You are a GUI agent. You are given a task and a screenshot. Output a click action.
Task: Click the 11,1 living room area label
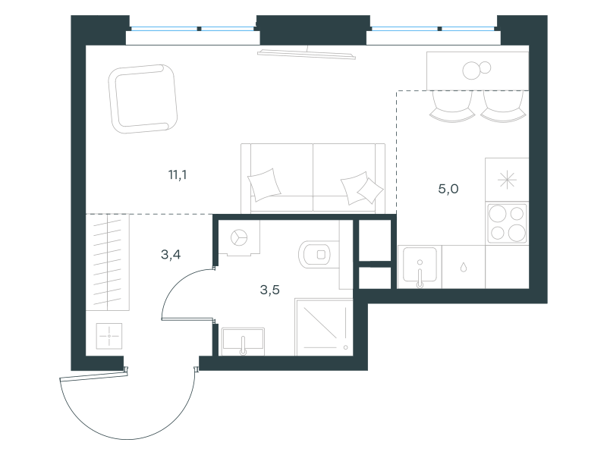coord(178,175)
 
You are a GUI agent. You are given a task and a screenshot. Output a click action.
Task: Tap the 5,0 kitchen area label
coord(448,189)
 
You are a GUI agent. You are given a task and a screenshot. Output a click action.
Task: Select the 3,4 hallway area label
coord(171,255)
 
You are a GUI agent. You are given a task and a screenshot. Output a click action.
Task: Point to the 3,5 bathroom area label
coord(270,290)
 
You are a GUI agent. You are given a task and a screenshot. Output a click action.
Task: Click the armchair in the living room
coord(143,99)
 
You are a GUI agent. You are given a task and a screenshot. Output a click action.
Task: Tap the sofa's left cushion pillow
coord(264,184)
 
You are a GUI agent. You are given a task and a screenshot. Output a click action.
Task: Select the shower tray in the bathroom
coord(324,327)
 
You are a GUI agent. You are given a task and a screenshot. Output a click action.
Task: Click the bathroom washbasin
coord(243,341)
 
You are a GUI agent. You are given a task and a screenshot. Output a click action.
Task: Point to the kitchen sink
coord(420,267)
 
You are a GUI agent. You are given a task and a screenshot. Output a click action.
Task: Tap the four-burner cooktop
coord(507,223)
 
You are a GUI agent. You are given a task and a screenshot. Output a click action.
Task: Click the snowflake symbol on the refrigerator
coord(507,180)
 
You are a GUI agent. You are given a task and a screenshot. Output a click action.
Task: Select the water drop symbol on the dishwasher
coord(464,268)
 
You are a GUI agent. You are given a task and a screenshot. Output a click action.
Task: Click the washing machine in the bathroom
coord(239,237)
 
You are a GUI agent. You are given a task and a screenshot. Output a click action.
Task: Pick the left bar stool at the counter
coord(452,106)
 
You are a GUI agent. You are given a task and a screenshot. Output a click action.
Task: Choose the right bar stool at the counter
coord(503,106)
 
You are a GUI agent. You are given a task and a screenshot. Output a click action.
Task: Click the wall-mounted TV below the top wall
coord(307,54)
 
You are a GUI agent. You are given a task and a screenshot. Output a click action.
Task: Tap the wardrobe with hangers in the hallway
coord(107,262)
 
